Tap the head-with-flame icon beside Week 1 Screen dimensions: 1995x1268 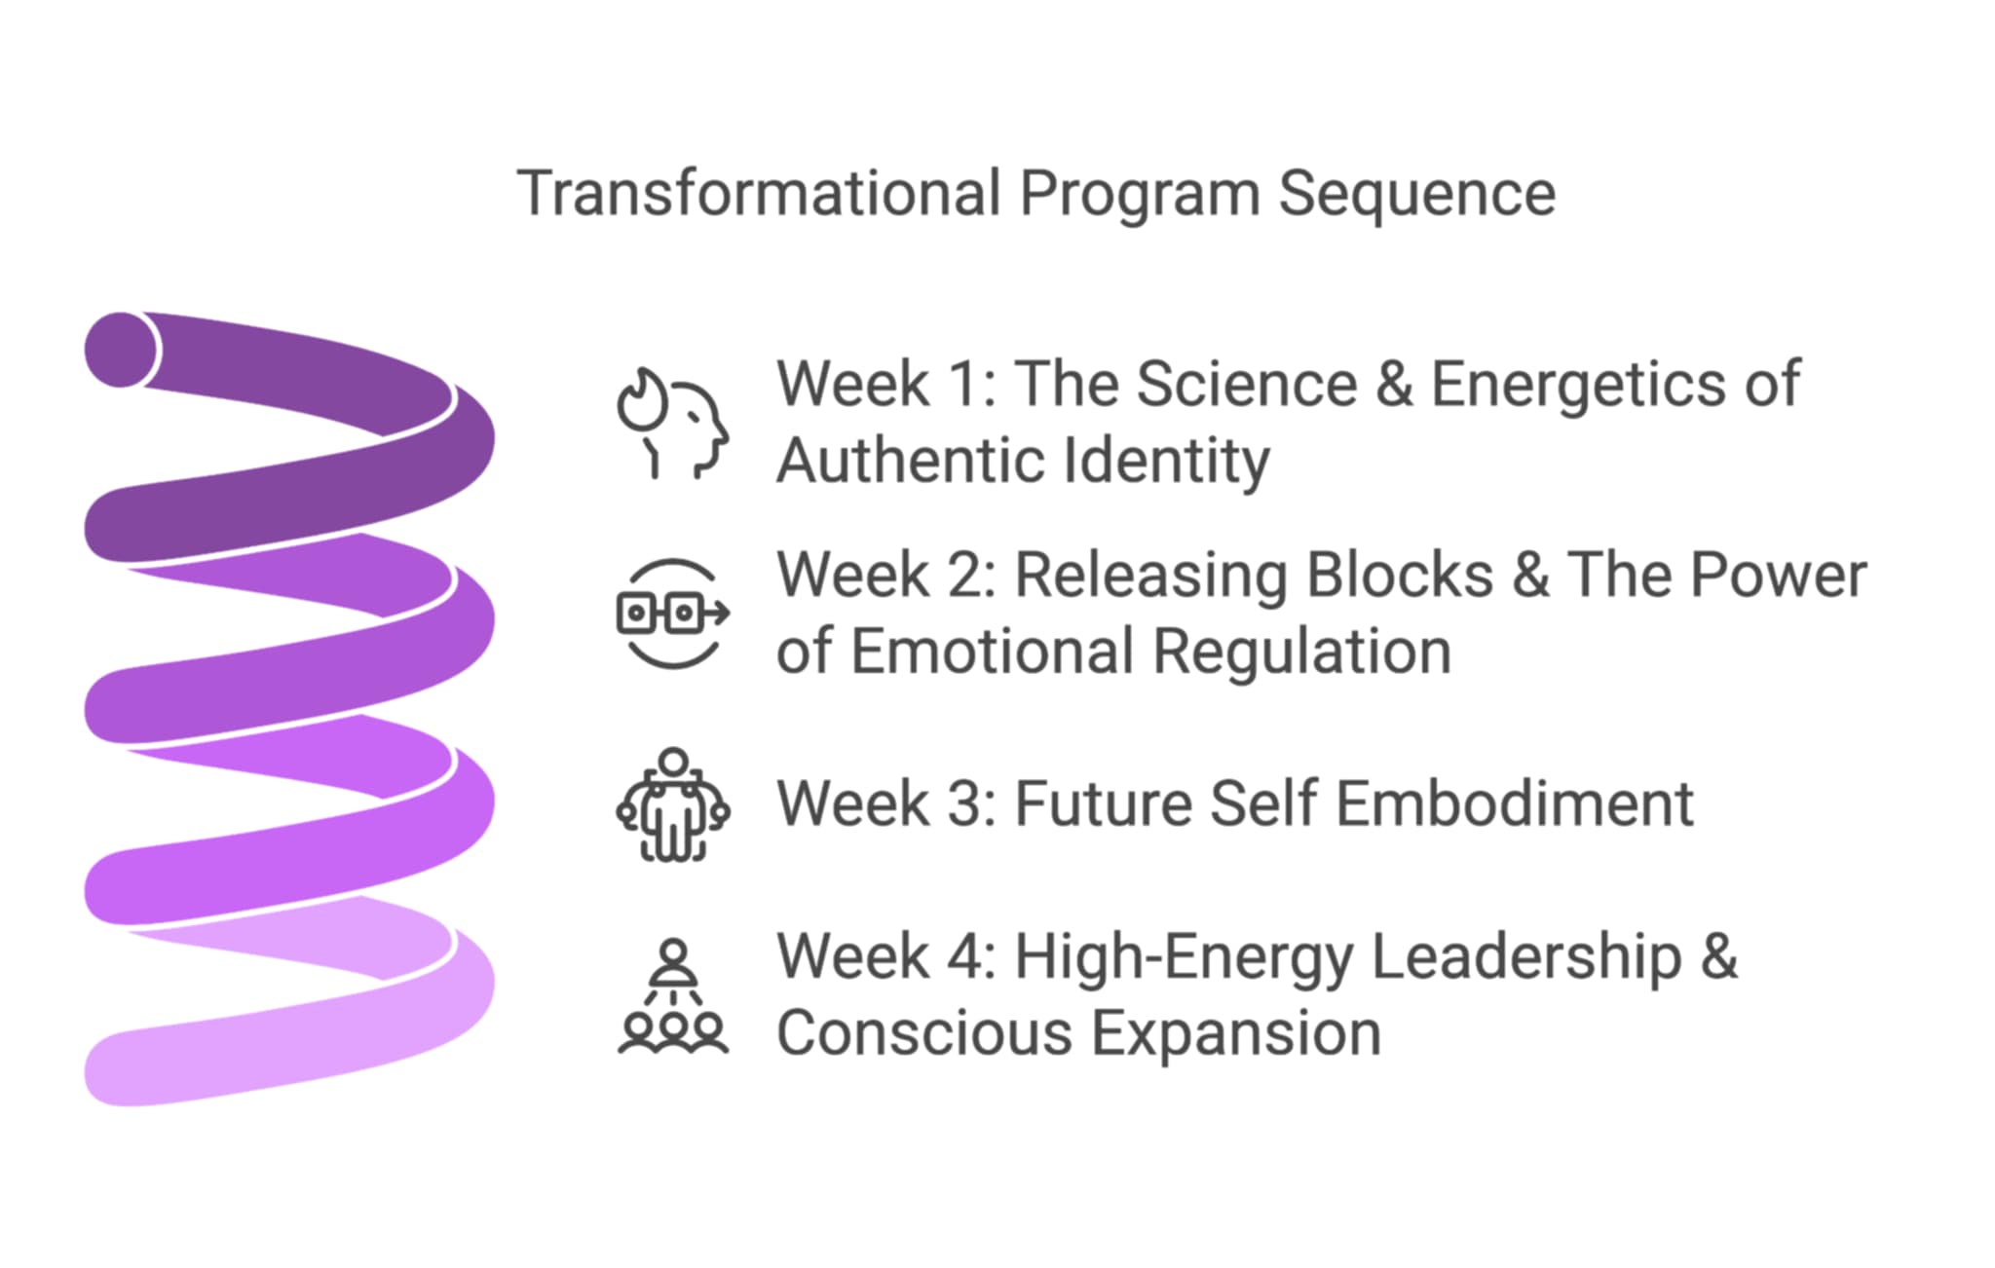[672, 423]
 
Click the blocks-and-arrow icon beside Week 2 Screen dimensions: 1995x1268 [673, 614]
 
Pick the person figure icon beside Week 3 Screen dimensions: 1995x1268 [673, 804]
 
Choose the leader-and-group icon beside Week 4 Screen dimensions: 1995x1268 [673, 995]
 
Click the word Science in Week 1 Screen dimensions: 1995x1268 [1248, 384]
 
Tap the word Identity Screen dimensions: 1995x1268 [1167, 463]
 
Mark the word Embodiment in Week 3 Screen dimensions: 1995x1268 [1515, 804]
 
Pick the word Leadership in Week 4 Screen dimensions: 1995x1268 [1526, 959]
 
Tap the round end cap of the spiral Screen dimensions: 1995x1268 [121, 350]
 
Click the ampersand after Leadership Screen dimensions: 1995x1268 [1719, 956]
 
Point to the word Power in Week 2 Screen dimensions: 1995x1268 [1779, 575]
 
